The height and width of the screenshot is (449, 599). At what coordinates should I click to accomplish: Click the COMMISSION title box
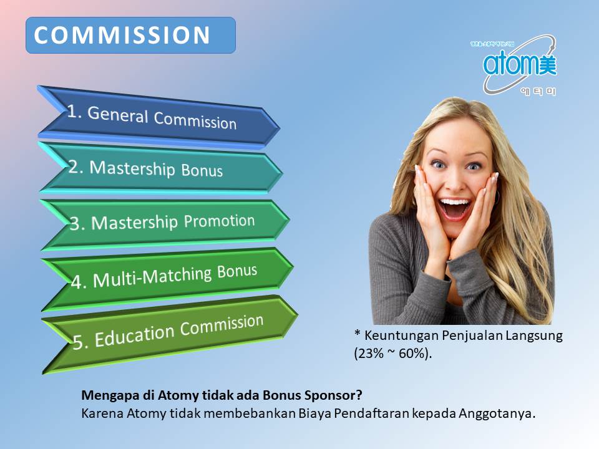click(130, 36)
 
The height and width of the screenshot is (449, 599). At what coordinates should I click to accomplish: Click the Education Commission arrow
click(168, 332)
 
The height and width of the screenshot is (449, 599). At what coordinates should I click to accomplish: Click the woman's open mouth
click(454, 209)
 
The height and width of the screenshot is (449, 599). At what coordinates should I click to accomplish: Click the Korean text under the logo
click(537, 91)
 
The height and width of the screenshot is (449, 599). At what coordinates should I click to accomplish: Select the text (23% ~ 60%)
click(393, 352)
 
